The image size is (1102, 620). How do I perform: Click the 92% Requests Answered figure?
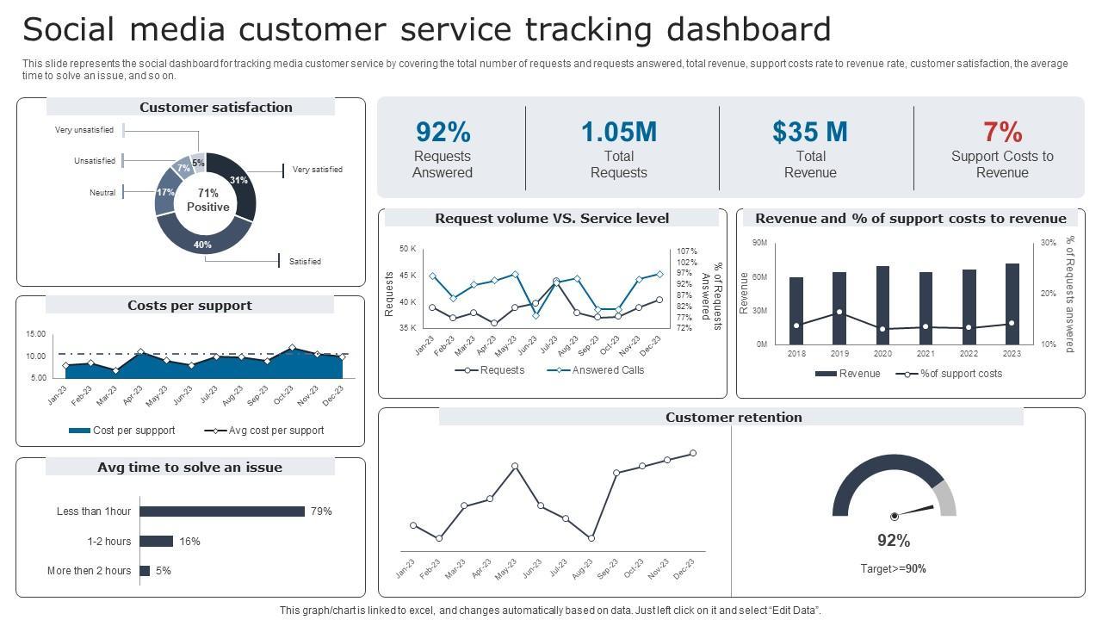coord(443,132)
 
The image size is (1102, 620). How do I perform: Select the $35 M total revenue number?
coord(809,132)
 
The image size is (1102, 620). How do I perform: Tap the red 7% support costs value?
coord(1002,132)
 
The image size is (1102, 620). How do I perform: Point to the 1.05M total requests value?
coord(618,132)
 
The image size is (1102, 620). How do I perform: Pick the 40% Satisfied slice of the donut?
coord(204,243)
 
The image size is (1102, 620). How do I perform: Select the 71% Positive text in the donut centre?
coord(207,200)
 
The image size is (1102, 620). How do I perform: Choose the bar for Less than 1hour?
coord(222,512)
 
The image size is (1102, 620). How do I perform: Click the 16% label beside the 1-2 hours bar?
coord(189,542)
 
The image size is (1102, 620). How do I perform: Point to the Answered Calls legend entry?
coord(596,370)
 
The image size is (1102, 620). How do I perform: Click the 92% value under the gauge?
coord(894,541)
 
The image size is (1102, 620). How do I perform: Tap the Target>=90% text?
coord(894,569)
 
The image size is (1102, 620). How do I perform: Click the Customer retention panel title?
coord(734,418)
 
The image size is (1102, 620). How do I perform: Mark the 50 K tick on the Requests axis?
coord(407,249)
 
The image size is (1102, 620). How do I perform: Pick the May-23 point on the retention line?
coord(515,466)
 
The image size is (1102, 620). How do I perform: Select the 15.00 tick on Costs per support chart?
coord(36,334)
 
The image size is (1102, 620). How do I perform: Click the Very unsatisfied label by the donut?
coord(84,130)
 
